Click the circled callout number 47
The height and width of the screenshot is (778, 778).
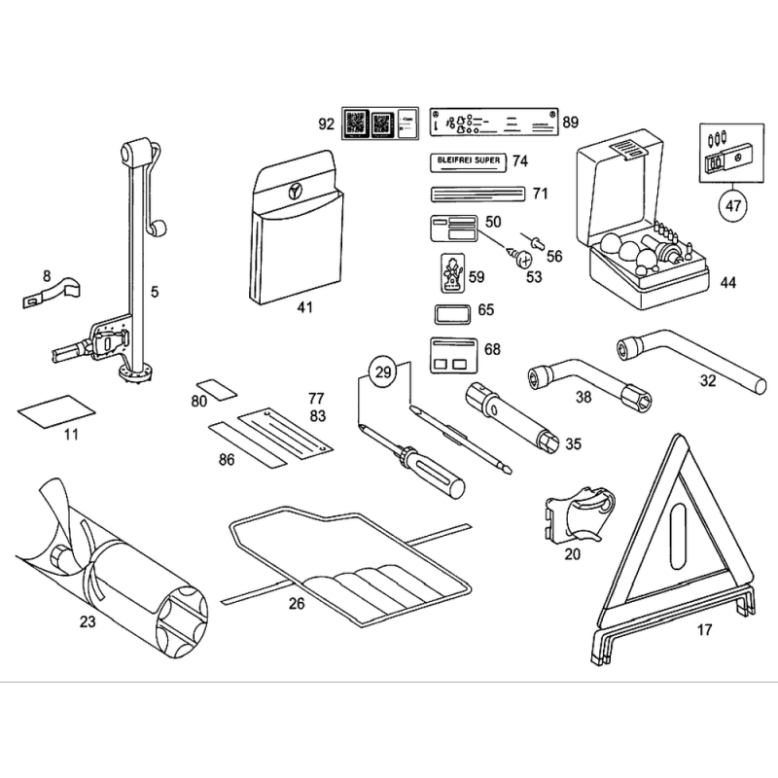[730, 204]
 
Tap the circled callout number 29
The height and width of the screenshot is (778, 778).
[384, 371]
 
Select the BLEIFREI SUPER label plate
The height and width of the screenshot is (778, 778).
[466, 160]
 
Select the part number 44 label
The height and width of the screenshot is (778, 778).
[728, 283]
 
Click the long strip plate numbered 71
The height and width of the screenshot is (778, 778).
[477, 194]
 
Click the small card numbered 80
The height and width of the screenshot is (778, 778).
[218, 390]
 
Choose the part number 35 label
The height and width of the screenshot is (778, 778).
[573, 444]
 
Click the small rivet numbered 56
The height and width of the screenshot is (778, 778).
[536, 238]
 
